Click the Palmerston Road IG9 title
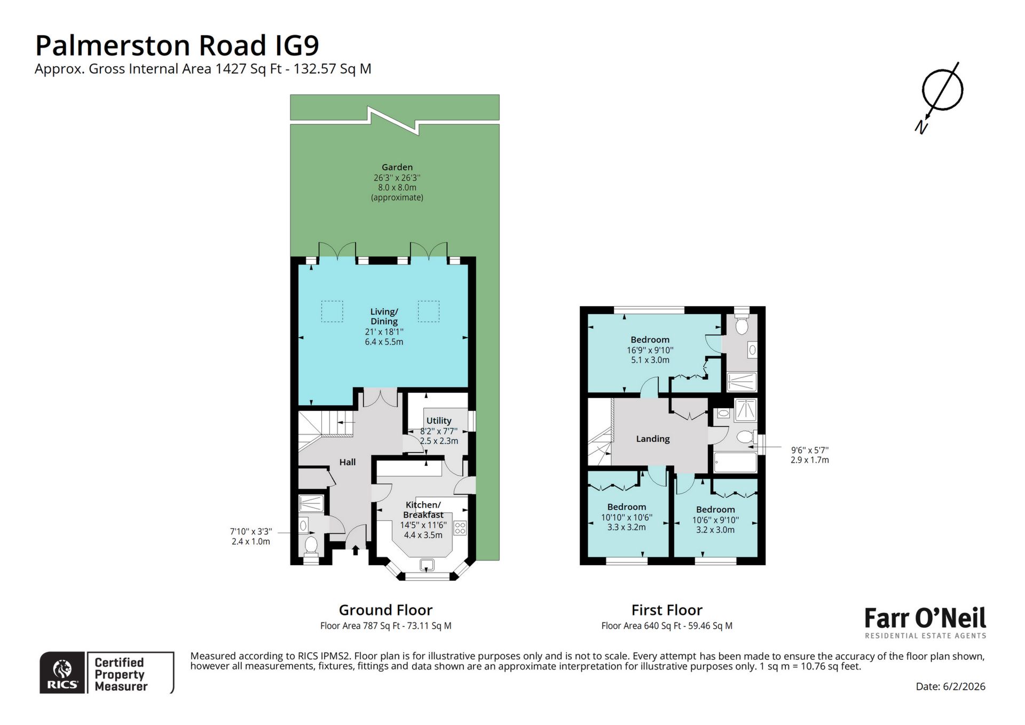(x=177, y=45)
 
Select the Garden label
(x=397, y=167)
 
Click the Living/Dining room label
(x=384, y=316)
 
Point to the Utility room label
(x=439, y=420)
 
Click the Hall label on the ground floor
(x=347, y=462)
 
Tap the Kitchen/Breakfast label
(x=423, y=510)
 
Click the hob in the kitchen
(x=460, y=528)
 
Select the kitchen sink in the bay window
(x=427, y=565)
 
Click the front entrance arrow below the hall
(x=356, y=550)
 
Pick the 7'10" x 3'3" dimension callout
(x=251, y=536)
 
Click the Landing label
(x=652, y=439)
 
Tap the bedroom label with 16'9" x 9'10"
(x=650, y=340)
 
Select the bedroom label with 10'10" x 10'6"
(x=626, y=507)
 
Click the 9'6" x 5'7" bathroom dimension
(x=809, y=455)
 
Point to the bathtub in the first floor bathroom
(x=735, y=463)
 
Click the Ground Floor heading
(x=385, y=610)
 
